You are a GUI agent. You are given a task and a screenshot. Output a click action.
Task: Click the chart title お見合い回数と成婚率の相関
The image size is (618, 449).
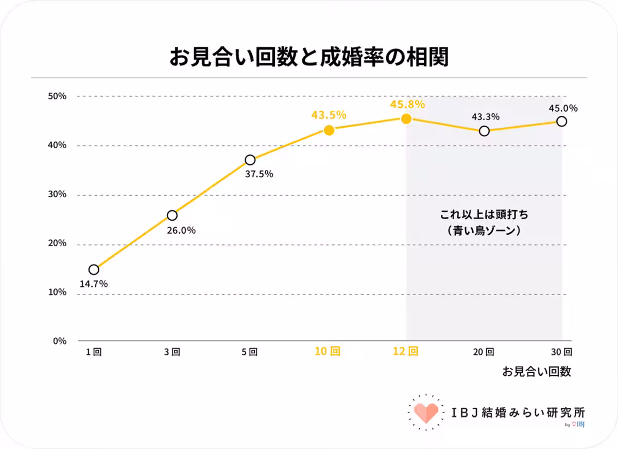308,57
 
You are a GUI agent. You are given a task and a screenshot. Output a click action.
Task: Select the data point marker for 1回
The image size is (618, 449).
94,269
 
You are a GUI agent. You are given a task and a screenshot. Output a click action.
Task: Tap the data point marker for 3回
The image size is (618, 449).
172,215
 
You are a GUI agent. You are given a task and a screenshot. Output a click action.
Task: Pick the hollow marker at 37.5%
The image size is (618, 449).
250,160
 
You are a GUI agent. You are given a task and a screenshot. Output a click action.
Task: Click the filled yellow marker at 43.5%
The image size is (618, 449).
329,130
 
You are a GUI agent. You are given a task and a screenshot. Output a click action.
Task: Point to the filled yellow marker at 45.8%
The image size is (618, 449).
406,119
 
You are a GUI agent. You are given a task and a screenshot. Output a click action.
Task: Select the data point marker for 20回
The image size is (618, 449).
484,131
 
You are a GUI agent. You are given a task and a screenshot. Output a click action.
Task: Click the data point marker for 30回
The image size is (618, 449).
562,122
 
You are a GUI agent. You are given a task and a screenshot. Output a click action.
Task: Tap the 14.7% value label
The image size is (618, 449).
93,284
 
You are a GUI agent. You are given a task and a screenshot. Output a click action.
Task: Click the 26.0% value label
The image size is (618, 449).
181,231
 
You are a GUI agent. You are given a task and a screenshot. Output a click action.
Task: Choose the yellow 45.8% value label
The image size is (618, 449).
407,105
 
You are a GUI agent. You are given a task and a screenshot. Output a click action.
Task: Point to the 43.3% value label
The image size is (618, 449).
486,117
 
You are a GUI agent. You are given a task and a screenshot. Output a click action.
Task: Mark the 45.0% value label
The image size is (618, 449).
563,108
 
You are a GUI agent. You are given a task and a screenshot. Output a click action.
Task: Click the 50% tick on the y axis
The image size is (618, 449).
58,96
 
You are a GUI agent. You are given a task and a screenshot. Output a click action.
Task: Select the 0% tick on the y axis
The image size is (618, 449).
60,341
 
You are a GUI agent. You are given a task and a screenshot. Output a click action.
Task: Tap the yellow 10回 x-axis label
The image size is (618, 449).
328,352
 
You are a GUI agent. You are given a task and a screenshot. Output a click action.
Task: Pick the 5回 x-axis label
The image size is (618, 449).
249,352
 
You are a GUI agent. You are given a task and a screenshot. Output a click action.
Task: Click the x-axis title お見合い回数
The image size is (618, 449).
537,372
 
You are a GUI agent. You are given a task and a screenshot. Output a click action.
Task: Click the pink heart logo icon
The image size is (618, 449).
426,410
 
